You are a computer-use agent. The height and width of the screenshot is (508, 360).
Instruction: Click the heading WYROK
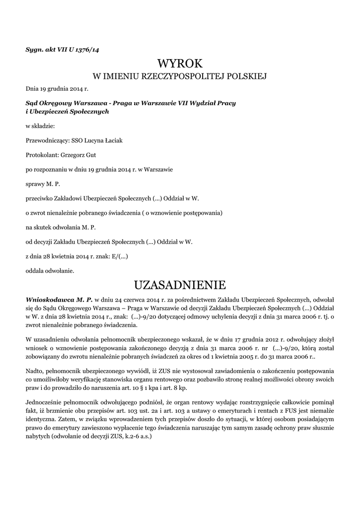(x=180, y=63)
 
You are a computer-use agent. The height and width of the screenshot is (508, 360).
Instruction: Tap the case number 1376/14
(x=90, y=50)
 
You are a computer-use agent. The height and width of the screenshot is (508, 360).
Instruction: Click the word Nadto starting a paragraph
(x=35, y=371)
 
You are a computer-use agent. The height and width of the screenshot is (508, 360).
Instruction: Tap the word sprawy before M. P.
(x=35, y=184)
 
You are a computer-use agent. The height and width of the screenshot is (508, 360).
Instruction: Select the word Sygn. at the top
(x=35, y=50)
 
